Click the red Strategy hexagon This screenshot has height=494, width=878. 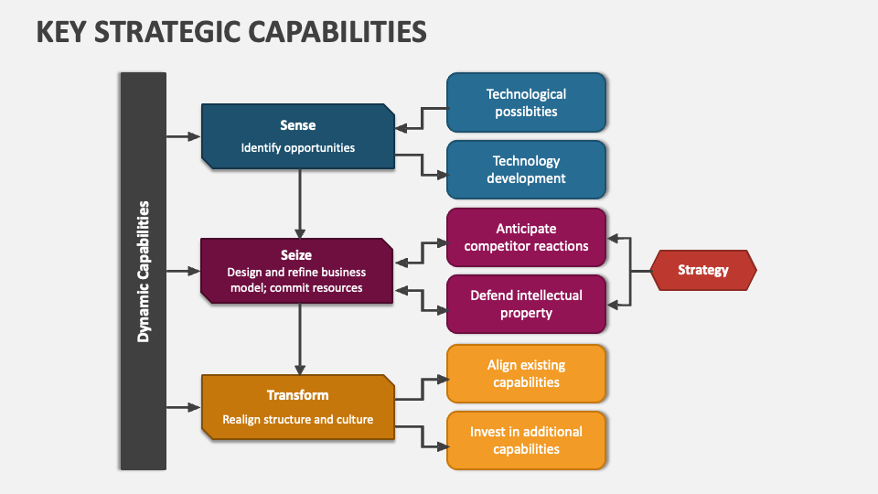[702, 270]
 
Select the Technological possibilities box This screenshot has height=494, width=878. [526, 102]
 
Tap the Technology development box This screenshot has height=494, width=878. [526, 169]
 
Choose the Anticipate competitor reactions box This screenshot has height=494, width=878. [526, 237]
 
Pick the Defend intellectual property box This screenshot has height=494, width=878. [526, 304]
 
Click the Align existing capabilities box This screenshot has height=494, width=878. [526, 373]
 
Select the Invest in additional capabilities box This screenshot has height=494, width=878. [526, 440]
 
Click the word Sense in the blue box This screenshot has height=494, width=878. [297, 125]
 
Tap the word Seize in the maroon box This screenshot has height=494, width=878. [297, 255]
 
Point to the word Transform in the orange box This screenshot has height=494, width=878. [297, 395]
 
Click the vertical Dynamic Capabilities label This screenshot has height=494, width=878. [143, 272]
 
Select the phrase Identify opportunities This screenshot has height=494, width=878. [297, 147]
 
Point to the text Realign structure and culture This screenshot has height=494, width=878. [297, 420]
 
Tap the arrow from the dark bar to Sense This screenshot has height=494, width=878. [183, 136]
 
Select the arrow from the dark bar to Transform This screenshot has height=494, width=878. [183, 406]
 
